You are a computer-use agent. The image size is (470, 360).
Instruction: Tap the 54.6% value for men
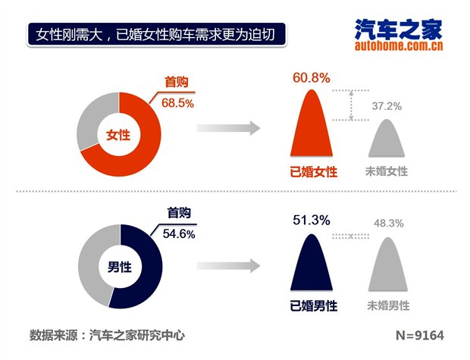pyautogui.click(x=180, y=234)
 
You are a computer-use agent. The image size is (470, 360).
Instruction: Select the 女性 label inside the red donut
pyautogui.click(x=118, y=135)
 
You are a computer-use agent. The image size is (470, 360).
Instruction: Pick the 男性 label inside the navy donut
pyautogui.click(x=118, y=267)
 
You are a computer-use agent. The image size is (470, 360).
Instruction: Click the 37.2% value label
pyautogui.click(x=387, y=105)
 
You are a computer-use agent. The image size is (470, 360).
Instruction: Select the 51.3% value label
pyautogui.click(x=311, y=220)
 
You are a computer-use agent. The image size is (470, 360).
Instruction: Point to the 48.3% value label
pyautogui.click(x=388, y=224)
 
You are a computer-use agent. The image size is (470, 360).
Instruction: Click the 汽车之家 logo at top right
pyautogui.click(x=398, y=30)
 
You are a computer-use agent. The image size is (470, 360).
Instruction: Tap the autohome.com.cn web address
pyautogui.click(x=398, y=47)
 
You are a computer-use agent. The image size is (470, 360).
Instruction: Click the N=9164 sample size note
pyautogui.click(x=419, y=335)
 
